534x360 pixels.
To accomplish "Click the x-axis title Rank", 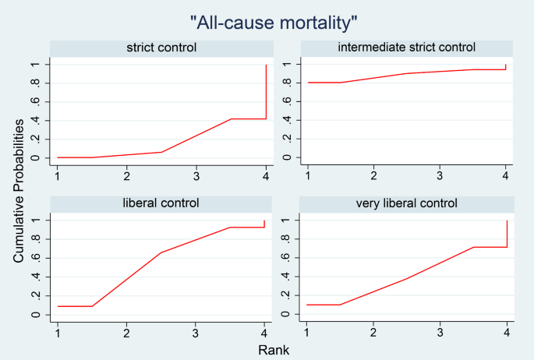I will (274, 350).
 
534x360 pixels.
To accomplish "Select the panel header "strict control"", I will (161, 48).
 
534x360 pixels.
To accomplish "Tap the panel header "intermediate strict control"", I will (406, 48).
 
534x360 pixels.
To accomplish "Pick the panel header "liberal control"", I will (161, 203).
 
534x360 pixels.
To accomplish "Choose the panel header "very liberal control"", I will (406, 203).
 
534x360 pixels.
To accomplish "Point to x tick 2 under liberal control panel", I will (126, 332).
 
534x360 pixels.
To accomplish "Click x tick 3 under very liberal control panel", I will (440, 332).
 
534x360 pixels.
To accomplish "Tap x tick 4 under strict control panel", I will (267, 175).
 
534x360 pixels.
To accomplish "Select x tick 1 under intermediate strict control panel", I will (308, 175).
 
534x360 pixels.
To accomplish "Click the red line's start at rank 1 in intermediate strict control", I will (308, 83).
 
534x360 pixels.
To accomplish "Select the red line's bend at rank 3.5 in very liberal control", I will (473, 247).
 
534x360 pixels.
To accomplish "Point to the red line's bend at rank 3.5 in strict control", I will (232, 118).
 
